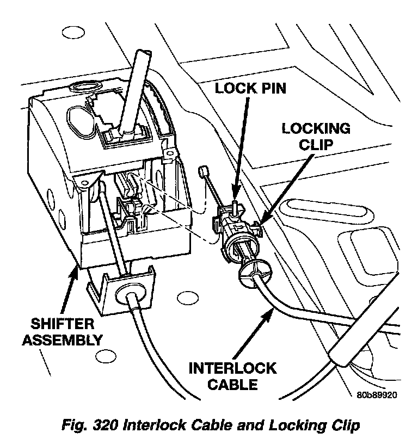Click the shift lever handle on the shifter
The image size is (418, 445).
[136, 87]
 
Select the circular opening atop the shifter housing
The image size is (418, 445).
[85, 87]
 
